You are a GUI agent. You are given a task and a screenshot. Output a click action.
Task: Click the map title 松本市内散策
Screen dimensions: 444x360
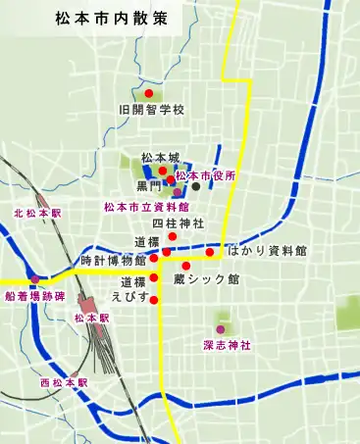coord(102,19)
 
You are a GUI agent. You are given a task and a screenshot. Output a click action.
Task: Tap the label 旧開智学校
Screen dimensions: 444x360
coord(151,110)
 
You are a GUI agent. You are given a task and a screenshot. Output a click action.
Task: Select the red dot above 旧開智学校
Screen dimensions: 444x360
coord(149,93)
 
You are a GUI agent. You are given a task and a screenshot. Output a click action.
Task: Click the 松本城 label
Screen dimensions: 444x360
coord(160,157)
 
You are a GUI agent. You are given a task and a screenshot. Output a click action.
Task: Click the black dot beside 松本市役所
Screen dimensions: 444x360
coord(196,186)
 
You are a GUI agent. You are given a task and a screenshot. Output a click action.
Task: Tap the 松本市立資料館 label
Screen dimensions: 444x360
coord(147,208)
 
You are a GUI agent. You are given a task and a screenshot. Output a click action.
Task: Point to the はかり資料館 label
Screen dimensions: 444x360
coord(267,252)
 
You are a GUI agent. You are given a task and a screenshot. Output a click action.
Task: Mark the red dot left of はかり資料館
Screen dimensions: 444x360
coord(210,252)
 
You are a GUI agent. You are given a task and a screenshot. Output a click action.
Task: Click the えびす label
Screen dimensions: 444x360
coord(130,296)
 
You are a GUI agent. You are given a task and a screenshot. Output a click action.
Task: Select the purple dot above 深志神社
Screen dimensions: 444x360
coord(220,329)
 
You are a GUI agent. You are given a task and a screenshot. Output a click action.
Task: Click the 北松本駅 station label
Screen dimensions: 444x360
coord(37,213)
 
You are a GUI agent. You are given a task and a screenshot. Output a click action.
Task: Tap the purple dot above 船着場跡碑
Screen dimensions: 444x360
coord(35,280)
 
